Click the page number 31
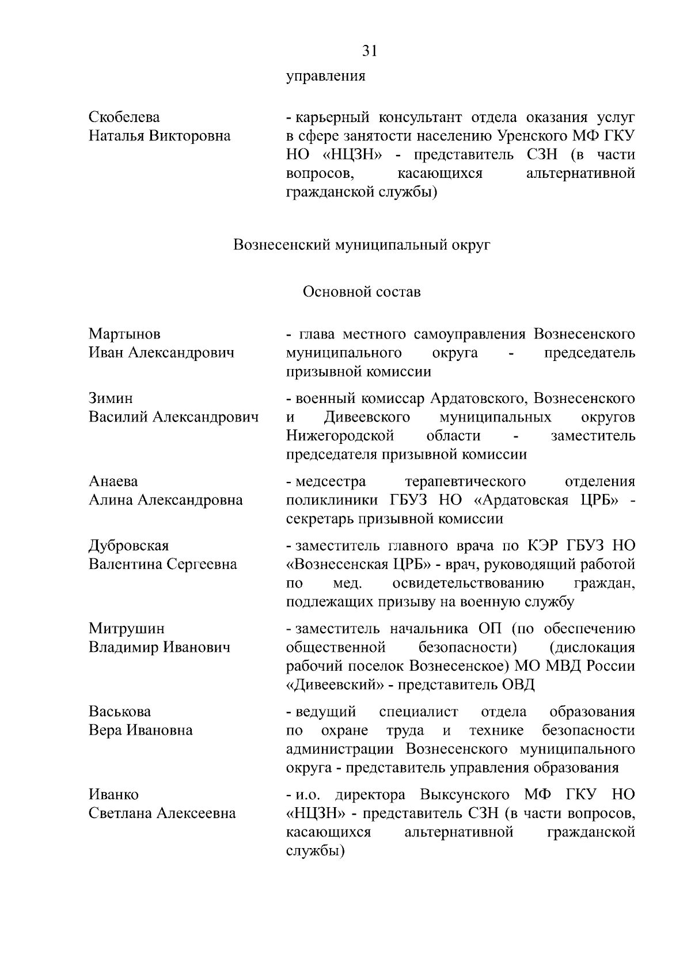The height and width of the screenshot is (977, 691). pyautogui.click(x=369, y=51)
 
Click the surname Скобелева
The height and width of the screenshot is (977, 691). pyautogui.click(x=124, y=117)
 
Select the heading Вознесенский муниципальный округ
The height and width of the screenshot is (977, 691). pyautogui.click(x=362, y=245)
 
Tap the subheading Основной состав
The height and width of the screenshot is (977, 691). pyautogui.click(x=362, y=292)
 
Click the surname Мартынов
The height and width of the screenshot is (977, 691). pyautogui.click(x=124, y=334)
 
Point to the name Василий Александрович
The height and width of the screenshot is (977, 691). pyautogui.click(x=173, y=417)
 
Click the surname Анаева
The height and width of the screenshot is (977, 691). pyautogui.click(x=113, y=481)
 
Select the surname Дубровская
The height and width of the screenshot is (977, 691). pyautogui.click(x=129, y=546)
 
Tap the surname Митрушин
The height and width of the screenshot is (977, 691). pyautogui.click(x=127, y=629)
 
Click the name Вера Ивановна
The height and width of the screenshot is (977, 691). pyautogui.click(x=141, y=731)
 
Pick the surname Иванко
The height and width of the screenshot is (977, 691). pyautogui.click(x=113, y=794)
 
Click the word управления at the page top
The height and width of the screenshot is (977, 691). pyautogui.click(x=326, y=75)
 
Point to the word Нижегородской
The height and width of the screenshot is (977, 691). pyautogui.click(x=340, y=435)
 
